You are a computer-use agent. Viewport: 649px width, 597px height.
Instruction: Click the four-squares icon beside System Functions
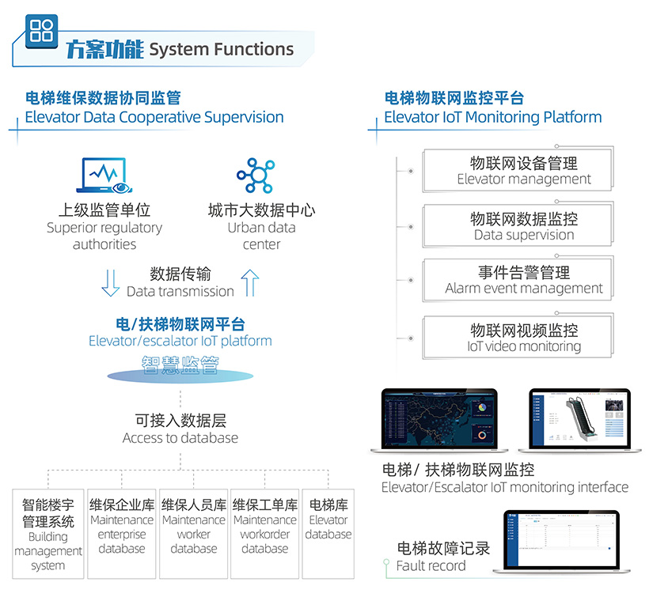tap(40, 31)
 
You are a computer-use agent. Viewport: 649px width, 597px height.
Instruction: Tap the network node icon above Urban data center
tap(256, 176)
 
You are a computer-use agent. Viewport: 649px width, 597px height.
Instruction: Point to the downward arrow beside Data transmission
tap(111, 283)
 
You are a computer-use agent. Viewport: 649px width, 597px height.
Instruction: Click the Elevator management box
tap(523, 170)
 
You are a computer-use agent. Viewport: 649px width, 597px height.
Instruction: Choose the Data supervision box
tap(523, 225)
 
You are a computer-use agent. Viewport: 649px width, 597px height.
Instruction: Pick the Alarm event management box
tap(523, 280)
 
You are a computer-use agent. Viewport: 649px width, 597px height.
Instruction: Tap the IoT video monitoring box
tap(523, 337)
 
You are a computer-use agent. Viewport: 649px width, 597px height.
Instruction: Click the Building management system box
tap(48, 534)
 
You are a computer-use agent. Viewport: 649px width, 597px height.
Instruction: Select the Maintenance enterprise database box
tap(122, 534)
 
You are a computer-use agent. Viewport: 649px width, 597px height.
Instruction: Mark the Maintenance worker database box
tap(194, 534)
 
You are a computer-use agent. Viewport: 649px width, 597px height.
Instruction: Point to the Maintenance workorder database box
tap(265, 534)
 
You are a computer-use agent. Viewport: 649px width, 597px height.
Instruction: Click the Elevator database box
tap(328, 534)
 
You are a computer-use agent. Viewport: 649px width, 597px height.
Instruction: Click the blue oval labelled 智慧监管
tap(180, 365)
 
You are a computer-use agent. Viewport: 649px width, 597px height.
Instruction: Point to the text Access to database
tap(180, 438)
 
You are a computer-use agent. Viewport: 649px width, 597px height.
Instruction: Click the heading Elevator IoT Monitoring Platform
tap(492, 117)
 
